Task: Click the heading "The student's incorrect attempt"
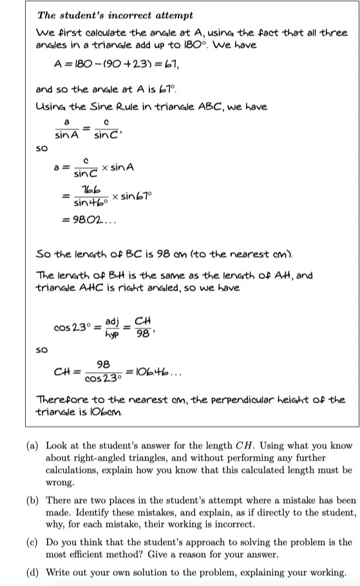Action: pyautogui.click(x=115, y=15)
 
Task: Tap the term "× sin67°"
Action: pyautogui.click(x=131, y=195)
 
